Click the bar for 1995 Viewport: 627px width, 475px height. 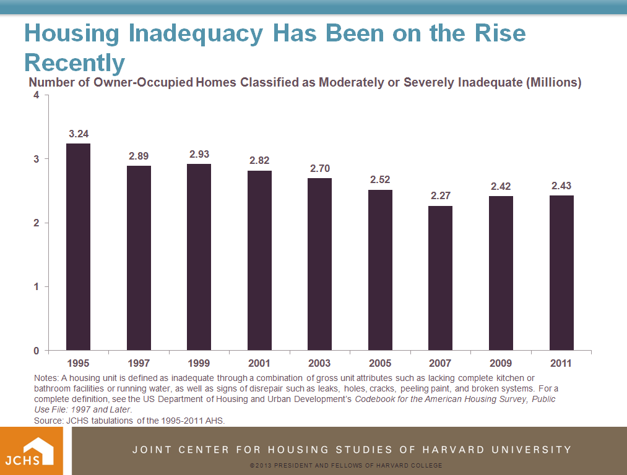click(79, 247)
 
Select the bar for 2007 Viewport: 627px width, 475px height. click(441, 278)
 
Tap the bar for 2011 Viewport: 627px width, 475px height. click(561, 273)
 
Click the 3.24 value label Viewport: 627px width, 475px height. click(79, 134)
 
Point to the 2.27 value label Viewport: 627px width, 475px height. click(441, 196)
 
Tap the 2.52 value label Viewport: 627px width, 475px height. click(380, 180)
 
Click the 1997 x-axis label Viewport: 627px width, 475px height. click(139, 363)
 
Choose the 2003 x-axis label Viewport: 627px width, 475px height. click(320, 363)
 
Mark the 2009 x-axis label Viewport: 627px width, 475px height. click(501, 363)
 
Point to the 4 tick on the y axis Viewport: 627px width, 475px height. click(37, 95)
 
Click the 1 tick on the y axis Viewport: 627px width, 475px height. click(37, 287)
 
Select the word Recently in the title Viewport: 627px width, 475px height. click(74, 62)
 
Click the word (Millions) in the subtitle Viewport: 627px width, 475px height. click(553, 82)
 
